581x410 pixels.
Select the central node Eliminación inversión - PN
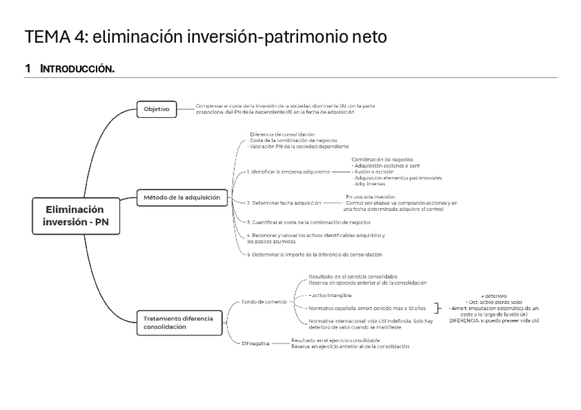pos(75,216)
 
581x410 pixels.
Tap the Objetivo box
pos(157,109)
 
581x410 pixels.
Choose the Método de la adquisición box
pos(182,198)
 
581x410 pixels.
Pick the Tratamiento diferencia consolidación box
pos(178,322)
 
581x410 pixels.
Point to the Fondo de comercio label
pos(264,301)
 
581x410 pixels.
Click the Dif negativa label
pos(256,343)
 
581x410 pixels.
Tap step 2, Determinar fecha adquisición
pos(284,203)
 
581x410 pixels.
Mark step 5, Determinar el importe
pos(314,254)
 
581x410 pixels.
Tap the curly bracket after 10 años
pos(436,309)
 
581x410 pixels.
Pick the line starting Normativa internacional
pos(370,321)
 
